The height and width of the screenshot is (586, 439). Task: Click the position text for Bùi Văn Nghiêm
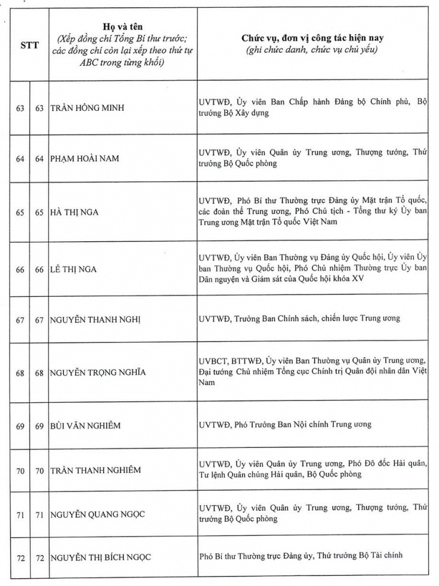tap(285, 425)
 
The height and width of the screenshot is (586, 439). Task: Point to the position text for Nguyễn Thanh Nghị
tap(300, 319)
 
